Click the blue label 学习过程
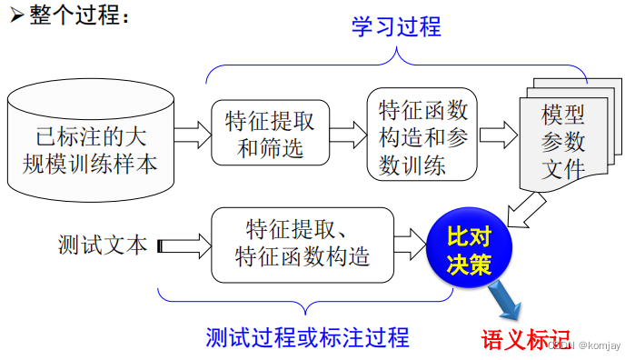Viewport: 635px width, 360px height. pos(396,27)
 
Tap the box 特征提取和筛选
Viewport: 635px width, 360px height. pos(269,133)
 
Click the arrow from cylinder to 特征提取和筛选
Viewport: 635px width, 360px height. pos(190,135)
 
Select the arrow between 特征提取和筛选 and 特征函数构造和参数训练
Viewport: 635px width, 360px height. pos(346,135)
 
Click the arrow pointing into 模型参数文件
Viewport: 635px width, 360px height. pos(498,135)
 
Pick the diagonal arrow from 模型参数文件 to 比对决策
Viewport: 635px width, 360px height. pos(524,210)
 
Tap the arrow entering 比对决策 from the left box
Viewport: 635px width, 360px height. pos(410,243)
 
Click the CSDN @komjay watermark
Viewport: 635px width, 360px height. pos(589,346)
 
